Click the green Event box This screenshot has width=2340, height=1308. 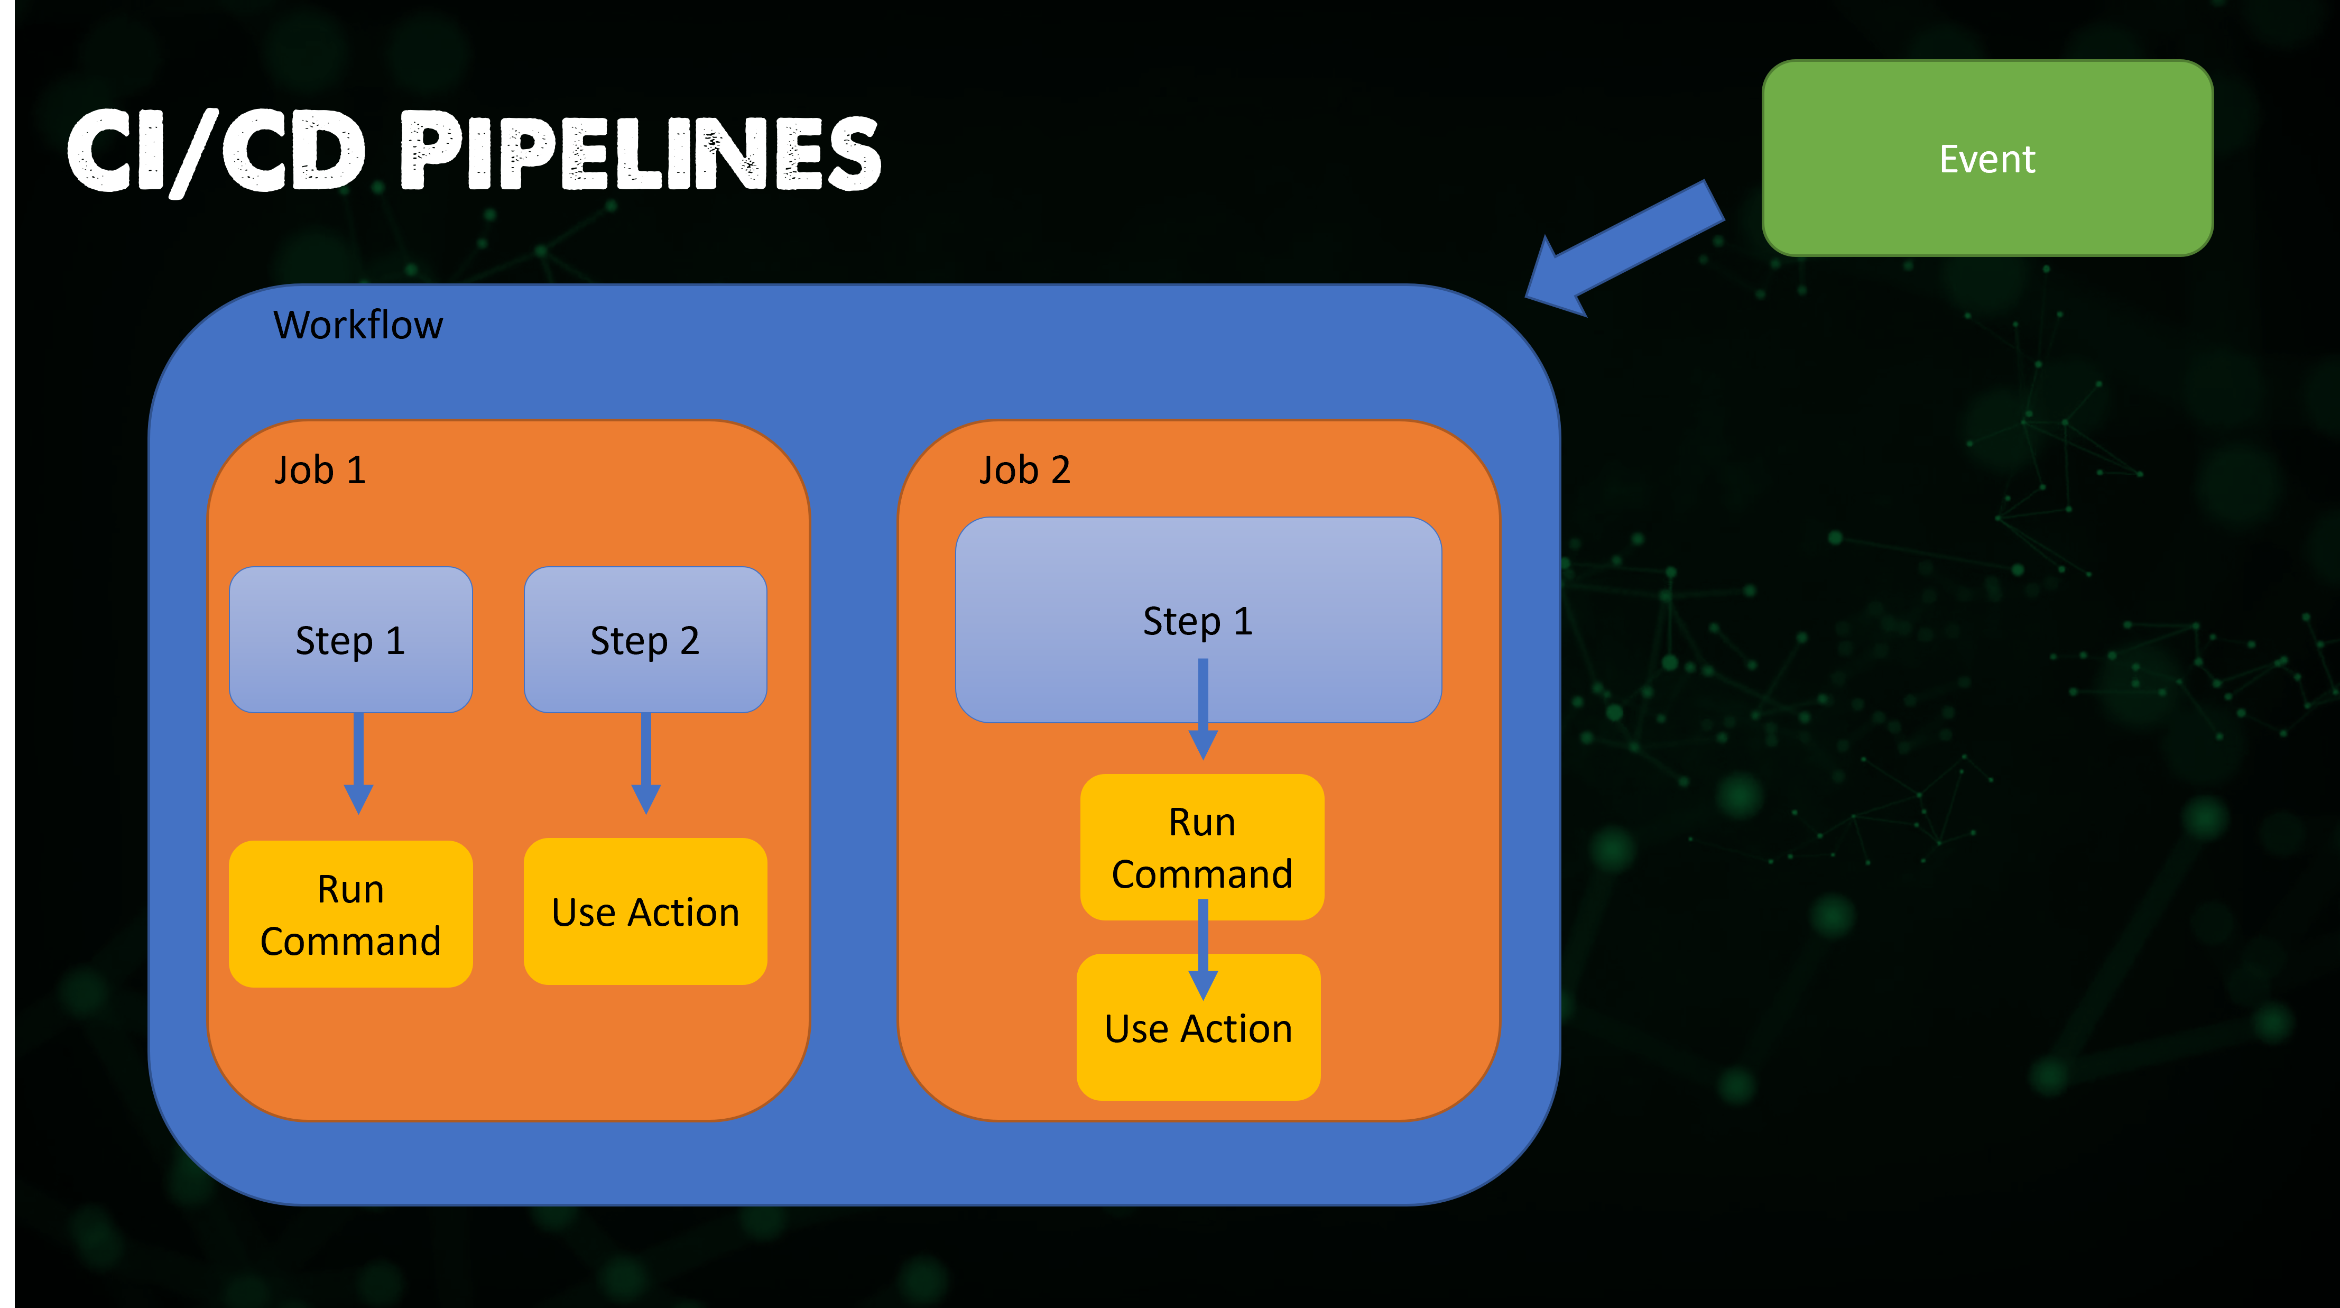point(1987,158)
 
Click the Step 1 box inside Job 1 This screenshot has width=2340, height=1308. point(350,640)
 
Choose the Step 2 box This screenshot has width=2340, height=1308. point(645,640)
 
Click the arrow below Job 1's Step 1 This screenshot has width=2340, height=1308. point(359,763)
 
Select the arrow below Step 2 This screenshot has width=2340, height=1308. point(646,763)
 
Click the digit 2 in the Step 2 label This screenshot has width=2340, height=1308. point(689,640)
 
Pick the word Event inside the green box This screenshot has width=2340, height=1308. point(1987,159)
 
